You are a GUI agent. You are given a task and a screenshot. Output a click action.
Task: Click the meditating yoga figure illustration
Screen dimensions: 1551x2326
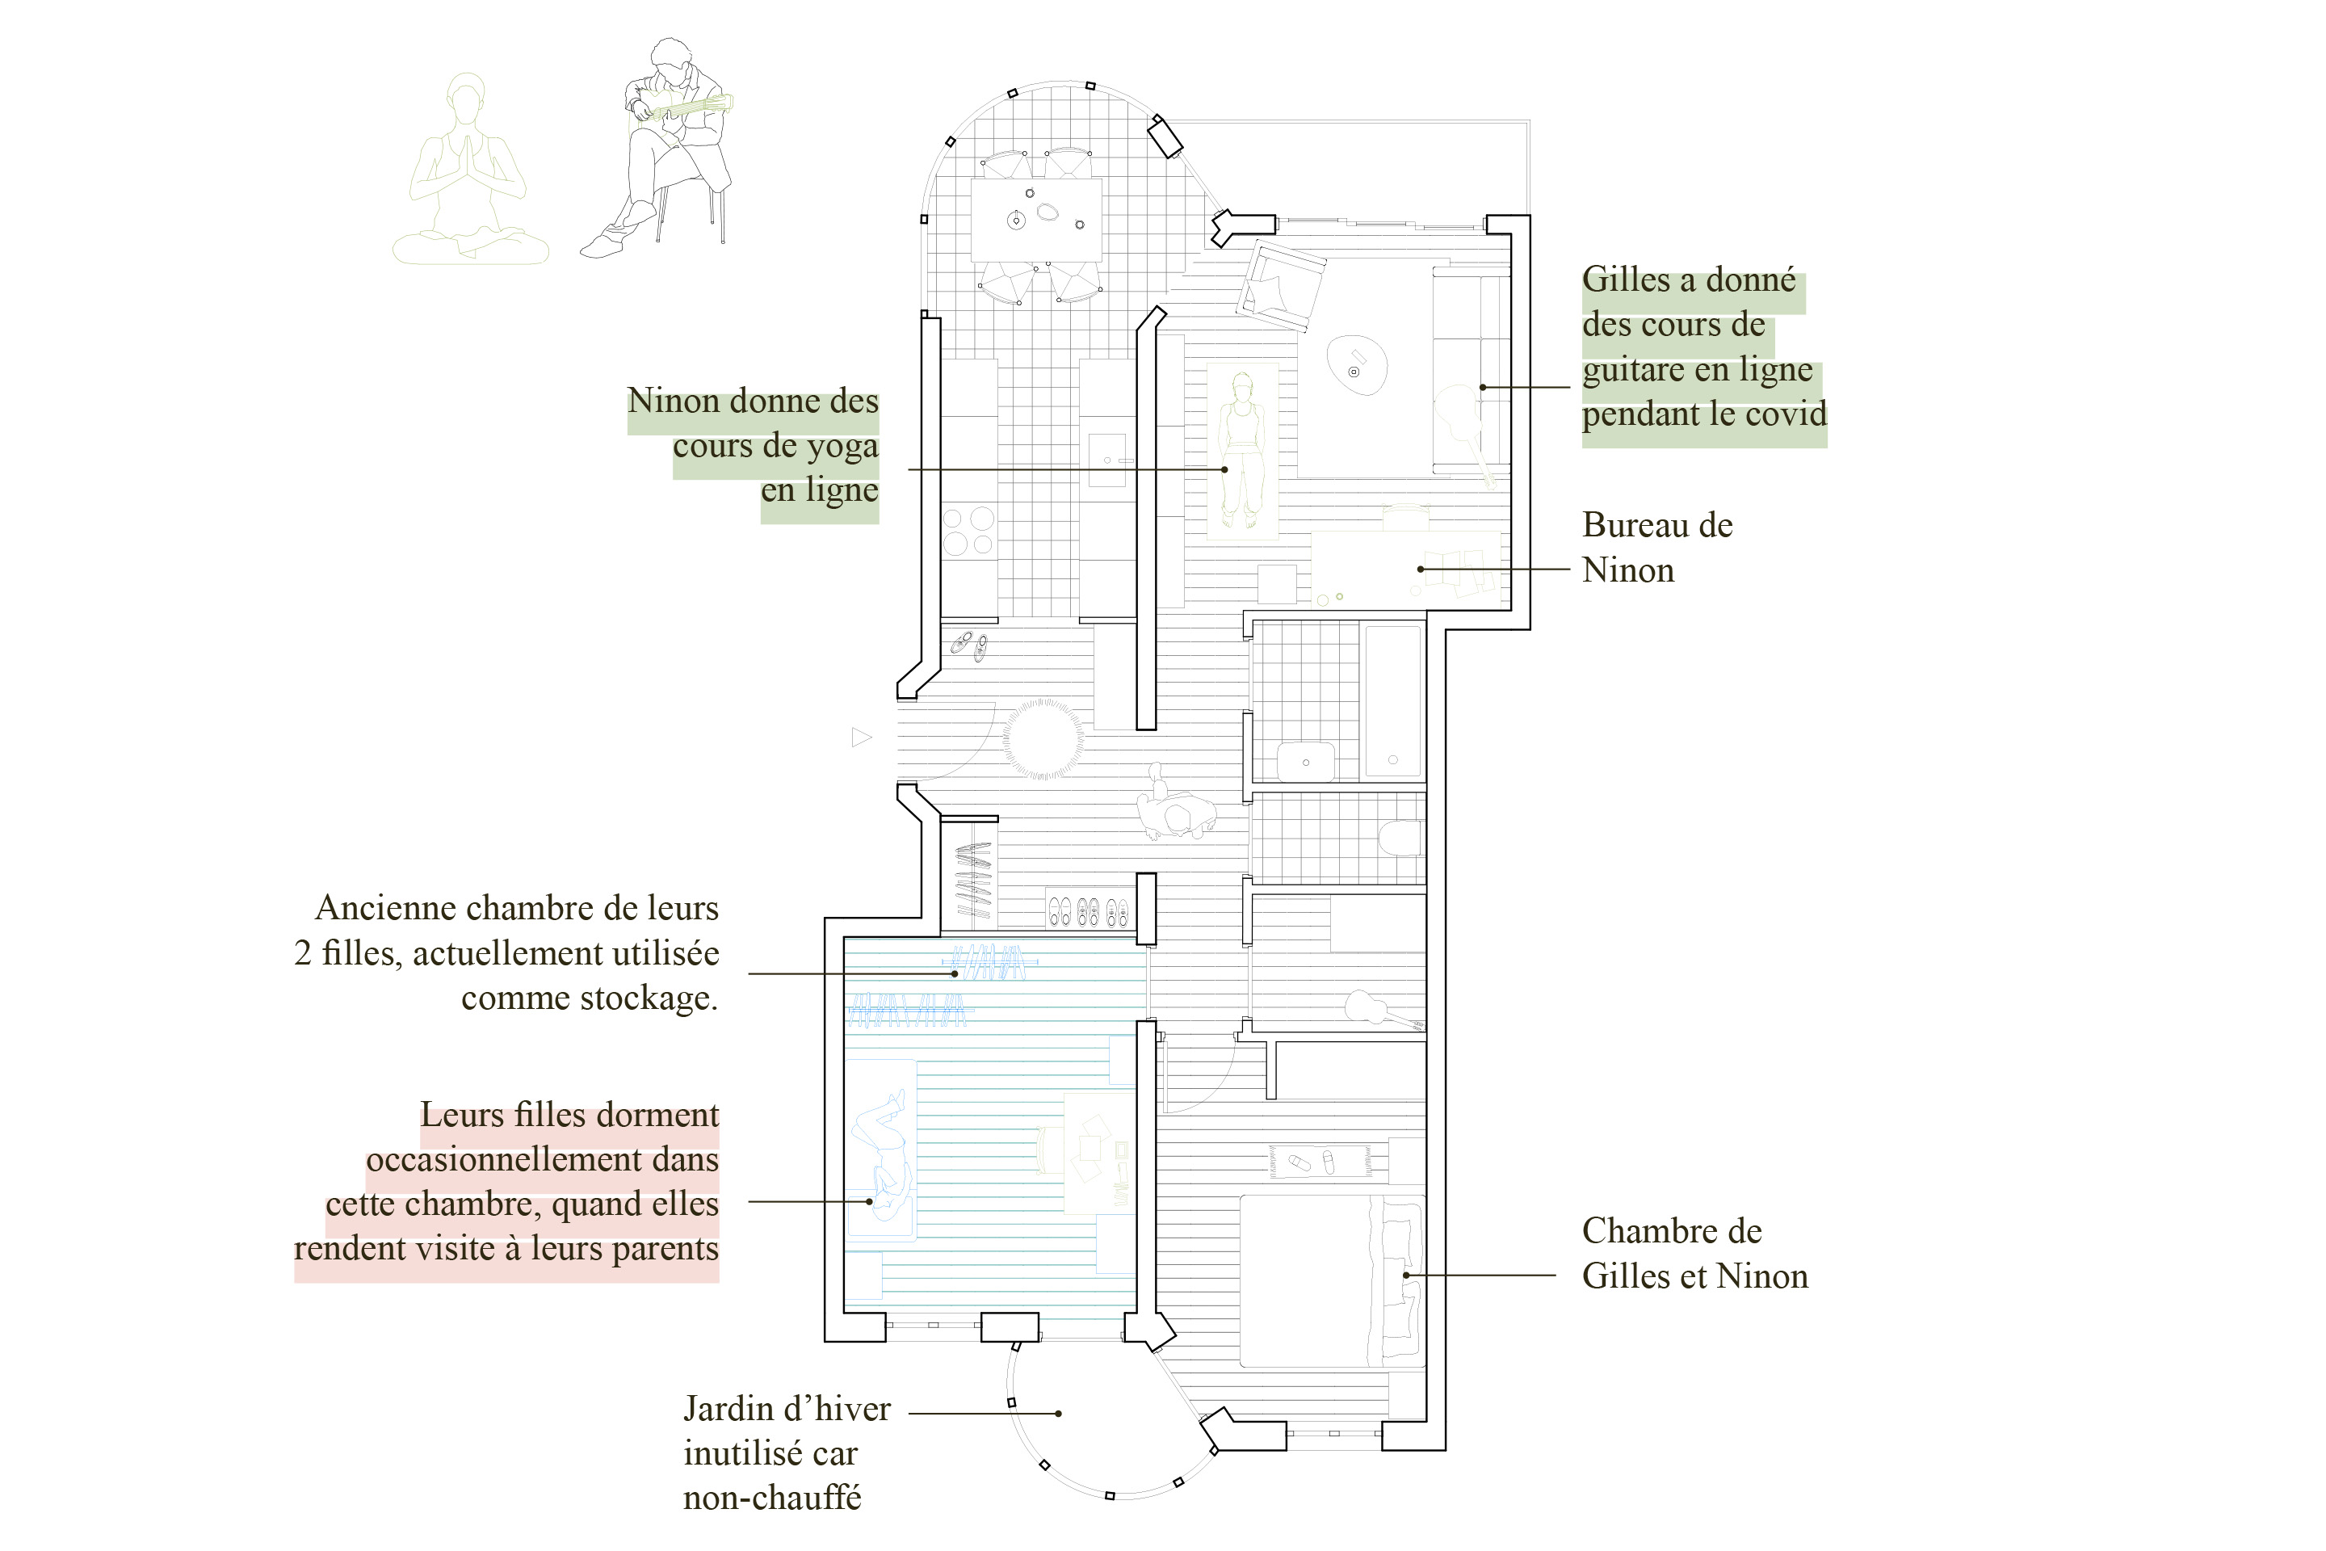coord(470,173)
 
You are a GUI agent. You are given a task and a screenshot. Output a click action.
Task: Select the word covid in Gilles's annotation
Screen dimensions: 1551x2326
coord(1785,414)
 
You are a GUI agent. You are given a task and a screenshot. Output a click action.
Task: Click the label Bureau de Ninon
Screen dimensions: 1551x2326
coord(1656,547)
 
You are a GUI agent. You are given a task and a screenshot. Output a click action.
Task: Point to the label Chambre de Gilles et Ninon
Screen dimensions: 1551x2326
coord(1693,1253)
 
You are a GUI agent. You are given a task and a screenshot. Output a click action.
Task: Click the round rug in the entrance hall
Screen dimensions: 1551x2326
coord(1043,739)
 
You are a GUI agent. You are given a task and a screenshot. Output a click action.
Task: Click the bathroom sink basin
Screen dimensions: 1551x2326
coord(1305,762)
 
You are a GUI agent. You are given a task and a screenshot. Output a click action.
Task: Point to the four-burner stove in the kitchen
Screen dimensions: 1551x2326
coord(968,532)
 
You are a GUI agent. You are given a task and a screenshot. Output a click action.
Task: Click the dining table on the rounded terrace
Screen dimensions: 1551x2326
coord(1035,219)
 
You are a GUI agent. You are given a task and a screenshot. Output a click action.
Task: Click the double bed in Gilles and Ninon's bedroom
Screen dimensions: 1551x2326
coord(1330,1281)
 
